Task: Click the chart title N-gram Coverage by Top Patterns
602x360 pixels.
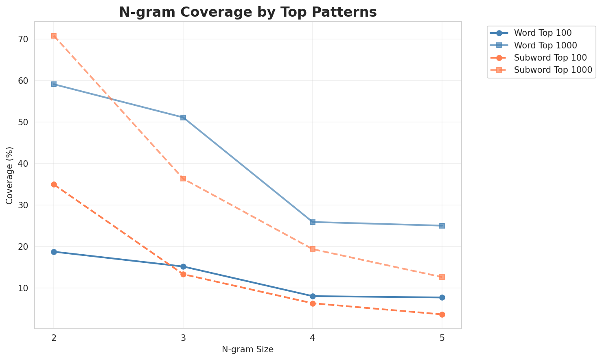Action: coord(247,12)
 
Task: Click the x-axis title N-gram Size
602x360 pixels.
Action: coord(247,349)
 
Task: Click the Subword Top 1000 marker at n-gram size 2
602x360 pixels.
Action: coord(54,36)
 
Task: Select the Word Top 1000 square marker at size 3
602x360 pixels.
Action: coord(183,118)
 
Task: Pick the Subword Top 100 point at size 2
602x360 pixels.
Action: coord(54,184)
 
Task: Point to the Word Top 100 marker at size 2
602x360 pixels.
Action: coord(54,252)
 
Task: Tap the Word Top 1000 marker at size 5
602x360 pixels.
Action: coord(442,226)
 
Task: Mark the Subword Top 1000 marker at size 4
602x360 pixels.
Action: coord(313,249)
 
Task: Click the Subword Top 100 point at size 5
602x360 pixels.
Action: coord(442,314)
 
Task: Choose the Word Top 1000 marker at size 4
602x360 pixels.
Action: coord(313,222)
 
